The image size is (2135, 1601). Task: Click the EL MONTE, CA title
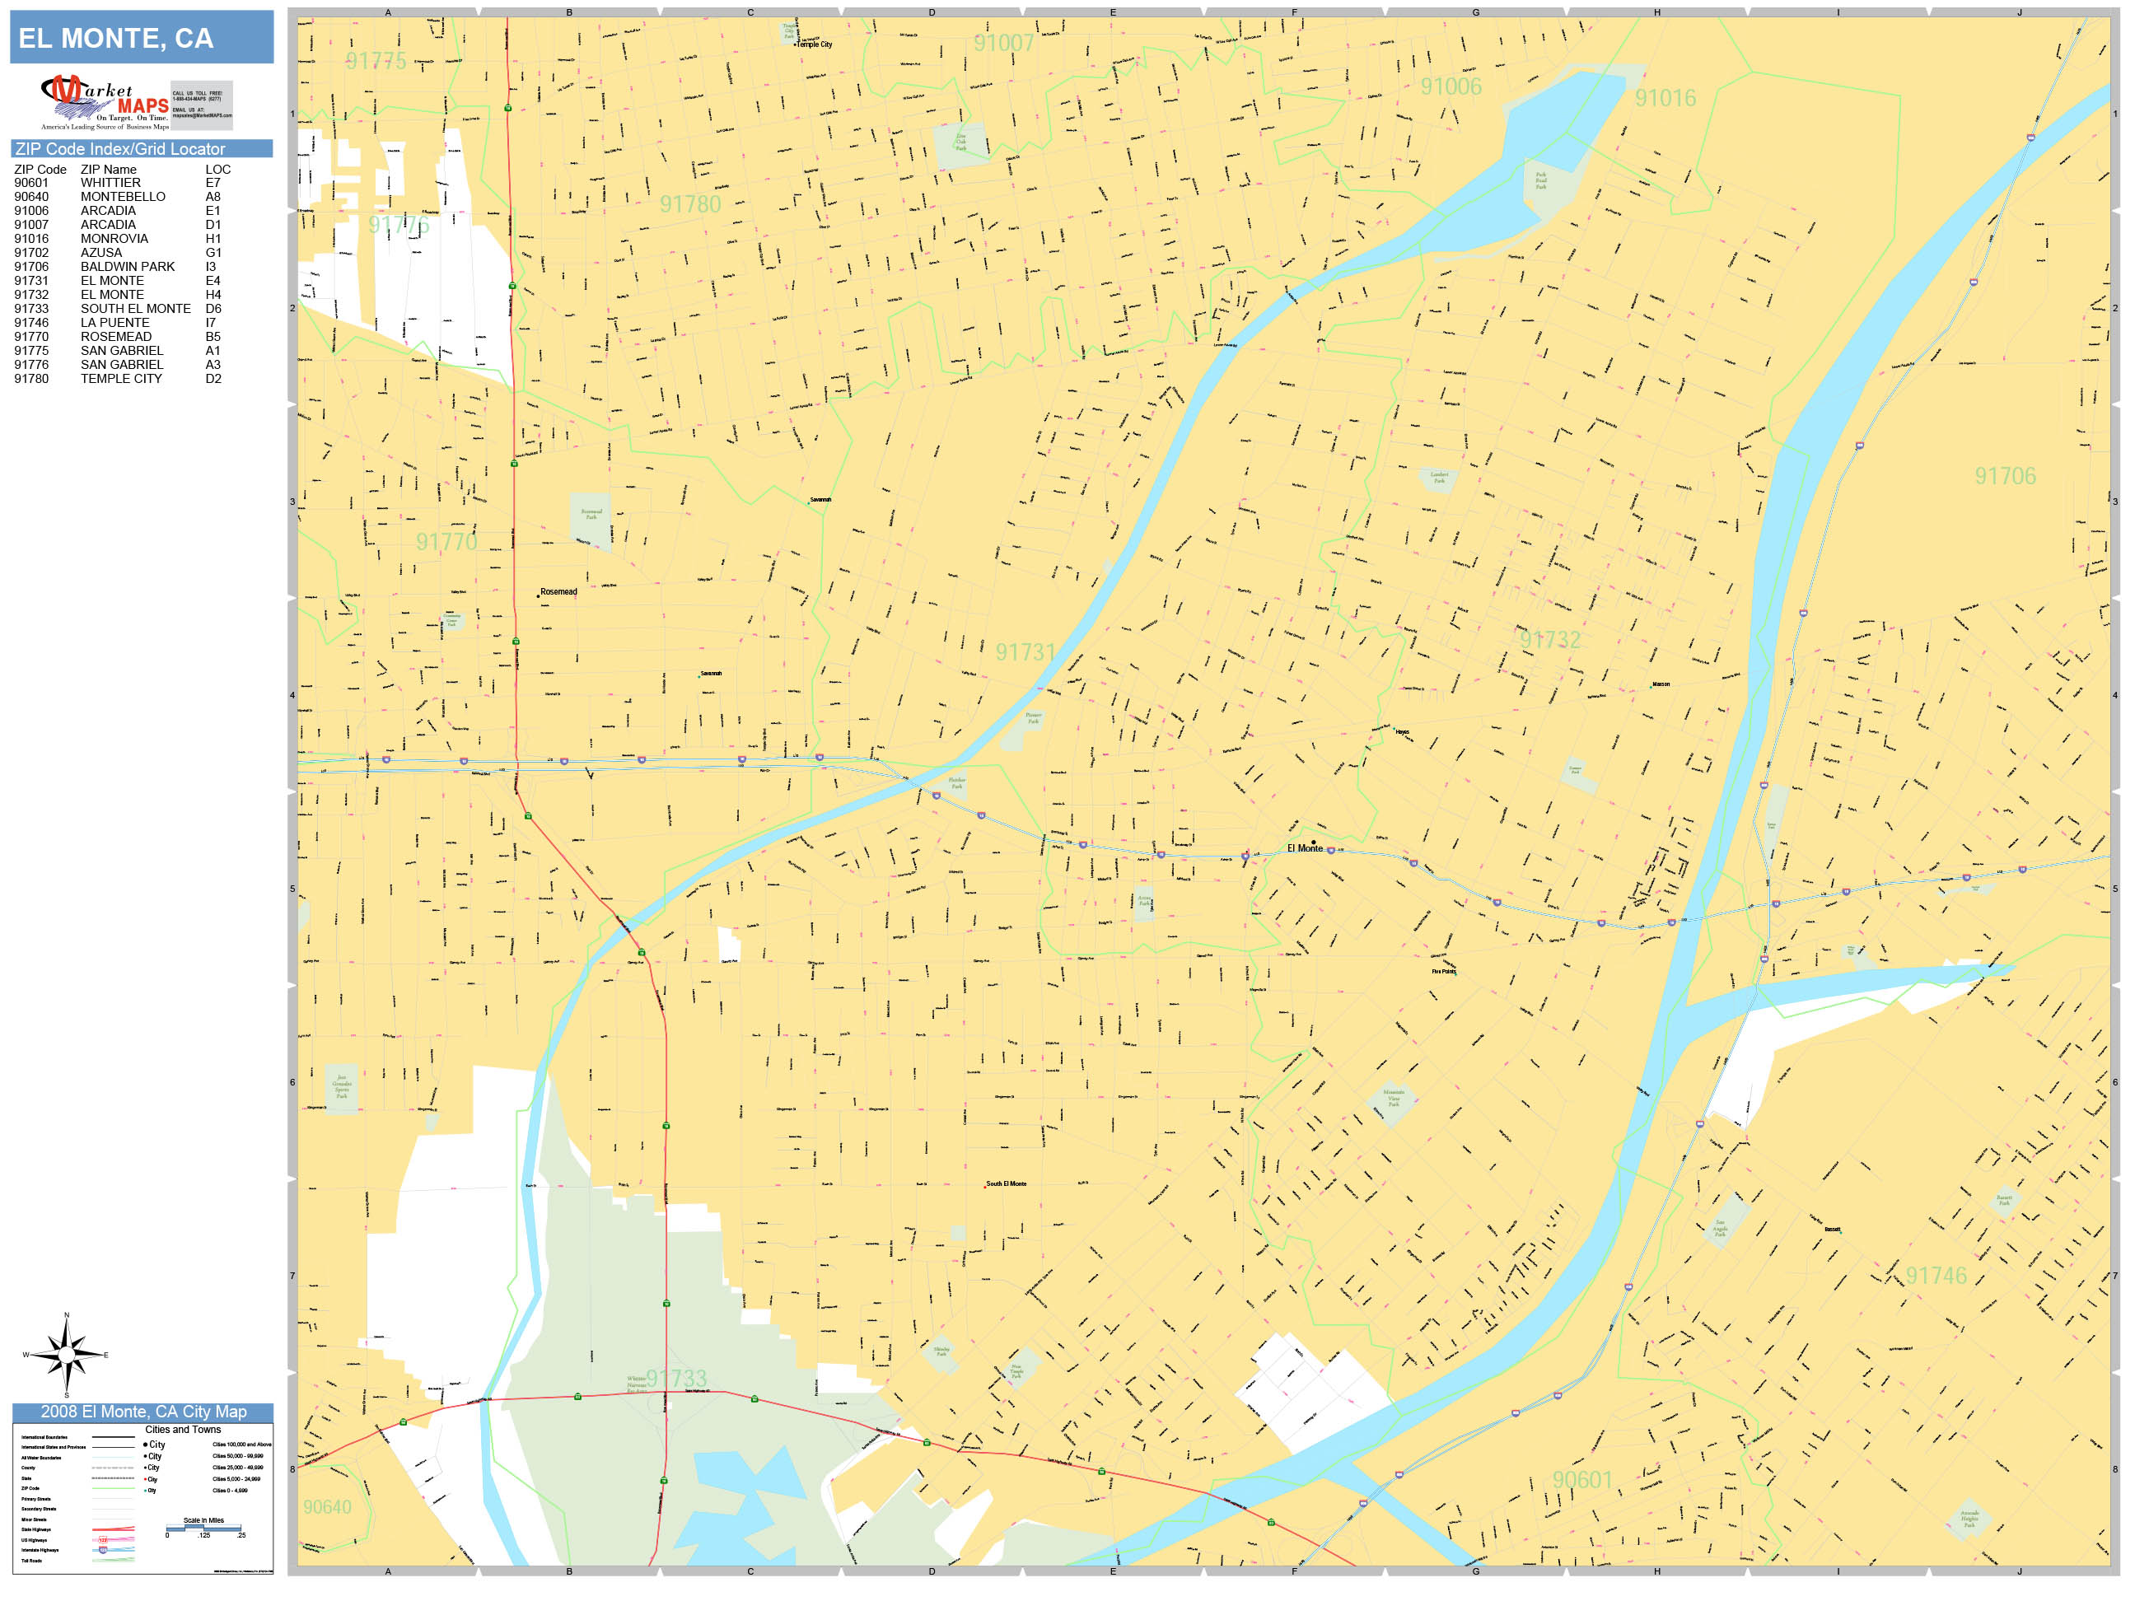pyautogui.click(x=116, y=39)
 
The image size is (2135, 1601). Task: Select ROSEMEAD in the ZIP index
pyautogui.click(x=116, y=337)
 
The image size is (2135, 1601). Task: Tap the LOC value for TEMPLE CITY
pyautogui.click(x=213, y=378)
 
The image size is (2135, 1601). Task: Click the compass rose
pyautogui.click(x=66, y=1355)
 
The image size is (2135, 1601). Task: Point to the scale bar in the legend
pyautogui.click(x=204, y=1529)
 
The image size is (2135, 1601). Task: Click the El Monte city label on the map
pyautogui.click(x=1304, y=848)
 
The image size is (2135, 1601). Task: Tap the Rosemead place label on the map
pyautogui.click(x=558, y=591)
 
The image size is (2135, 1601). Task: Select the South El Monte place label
pyautogui.click(x=1006, y=1183)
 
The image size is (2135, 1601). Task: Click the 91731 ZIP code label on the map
pyautogui.click(x=1025, y=652)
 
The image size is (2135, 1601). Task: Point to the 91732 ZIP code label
pyautogui.click(x=1549, y=640)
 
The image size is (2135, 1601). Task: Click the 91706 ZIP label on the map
pyautogui.click(x=2005, y=476)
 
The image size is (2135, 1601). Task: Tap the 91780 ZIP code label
pyautogui.click(x=690, y=204)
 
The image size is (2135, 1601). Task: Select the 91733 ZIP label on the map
pyautogui.click(x=675, y=1378)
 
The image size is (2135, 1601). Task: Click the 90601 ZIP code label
pyautogui.click(x=1582, y=1479)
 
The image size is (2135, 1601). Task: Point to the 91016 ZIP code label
pyautogui.click(x=1665, y=99)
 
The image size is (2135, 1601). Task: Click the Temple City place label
pyautogui.click(x=814, y=44)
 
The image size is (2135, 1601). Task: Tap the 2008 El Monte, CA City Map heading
pyautogui.click(x=142, y=1412)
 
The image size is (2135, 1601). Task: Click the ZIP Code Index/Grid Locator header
pyautogui.click(x=119, y=148)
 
